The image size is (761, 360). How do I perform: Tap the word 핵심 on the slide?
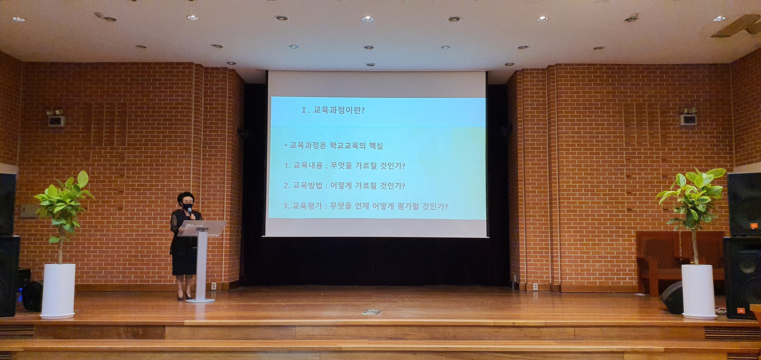376,146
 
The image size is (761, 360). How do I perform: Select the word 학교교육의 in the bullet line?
347,146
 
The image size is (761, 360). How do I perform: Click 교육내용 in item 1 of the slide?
308,165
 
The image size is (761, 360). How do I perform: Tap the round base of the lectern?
200,300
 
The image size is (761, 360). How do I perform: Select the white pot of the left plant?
58,291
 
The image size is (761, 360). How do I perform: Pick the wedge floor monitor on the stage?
672,297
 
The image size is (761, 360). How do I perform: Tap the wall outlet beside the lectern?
213,286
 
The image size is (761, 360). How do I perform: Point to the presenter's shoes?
184,296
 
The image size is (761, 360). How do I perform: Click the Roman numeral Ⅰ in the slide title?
304,110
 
